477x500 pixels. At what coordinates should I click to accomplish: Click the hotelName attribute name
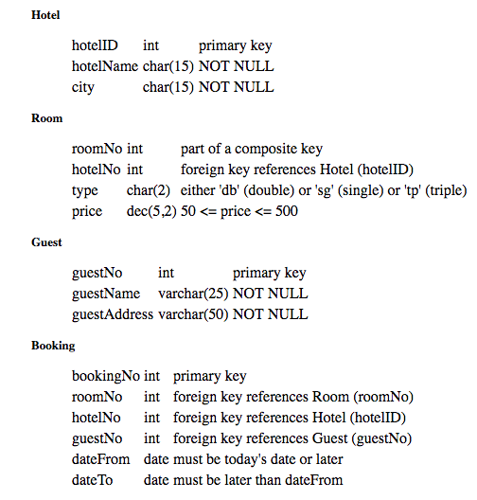tap(104, 66)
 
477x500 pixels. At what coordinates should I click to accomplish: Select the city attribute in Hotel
tap(83, 87)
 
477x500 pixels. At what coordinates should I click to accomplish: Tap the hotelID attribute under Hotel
tap(95, 45)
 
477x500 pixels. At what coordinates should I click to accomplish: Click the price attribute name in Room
tap(87, 211)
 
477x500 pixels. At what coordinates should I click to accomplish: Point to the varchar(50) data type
tap(191, 314)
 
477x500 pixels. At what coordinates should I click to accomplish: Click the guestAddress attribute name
tap(112, 314)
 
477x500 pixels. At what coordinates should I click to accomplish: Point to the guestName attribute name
tap(106, 294)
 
